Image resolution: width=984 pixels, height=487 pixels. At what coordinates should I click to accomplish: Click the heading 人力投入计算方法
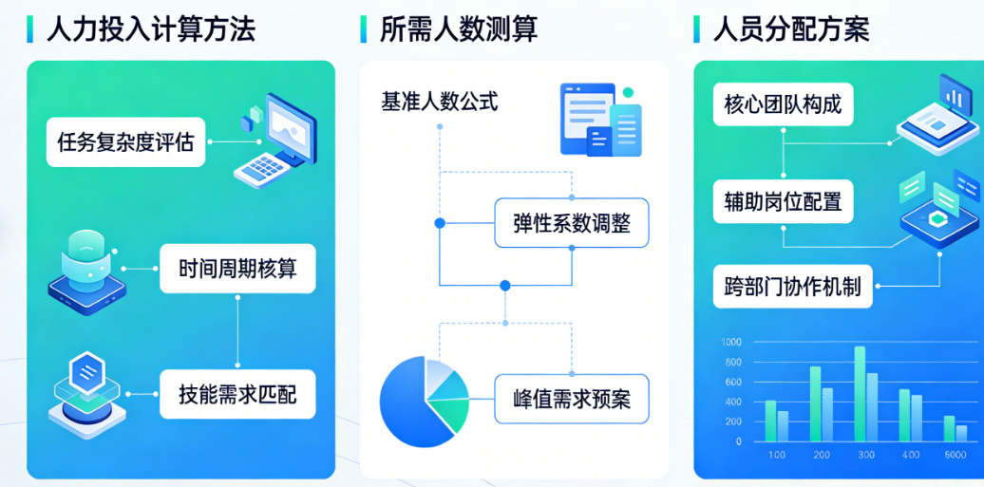(151, 28)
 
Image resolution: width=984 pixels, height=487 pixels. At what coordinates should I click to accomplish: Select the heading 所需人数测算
(459, 28)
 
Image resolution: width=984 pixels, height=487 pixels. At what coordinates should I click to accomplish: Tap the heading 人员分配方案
(791, 28)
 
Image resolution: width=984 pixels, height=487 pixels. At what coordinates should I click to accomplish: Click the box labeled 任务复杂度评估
(125, 142)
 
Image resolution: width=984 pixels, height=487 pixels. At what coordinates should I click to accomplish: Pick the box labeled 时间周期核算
(237, 269)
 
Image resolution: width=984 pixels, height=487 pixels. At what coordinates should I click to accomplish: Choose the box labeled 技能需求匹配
(237, 393)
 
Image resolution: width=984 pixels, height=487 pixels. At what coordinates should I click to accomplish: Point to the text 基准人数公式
(439, 101)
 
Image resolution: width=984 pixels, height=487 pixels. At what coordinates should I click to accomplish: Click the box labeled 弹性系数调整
(571, 224)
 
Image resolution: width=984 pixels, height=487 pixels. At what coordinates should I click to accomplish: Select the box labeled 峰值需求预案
(571, 398)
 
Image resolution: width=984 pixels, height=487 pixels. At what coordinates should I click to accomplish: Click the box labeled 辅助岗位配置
(783, 200)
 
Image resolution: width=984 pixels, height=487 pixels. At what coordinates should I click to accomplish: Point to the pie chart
(424, 400)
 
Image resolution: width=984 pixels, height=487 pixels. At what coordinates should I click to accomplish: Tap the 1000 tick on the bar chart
(731, 342)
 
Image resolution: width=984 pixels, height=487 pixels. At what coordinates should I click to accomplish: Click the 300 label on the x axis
(865, 455)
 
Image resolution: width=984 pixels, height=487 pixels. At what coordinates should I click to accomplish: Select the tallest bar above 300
(860, 393)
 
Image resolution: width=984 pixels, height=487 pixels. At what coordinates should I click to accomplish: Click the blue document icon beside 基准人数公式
(598, 120)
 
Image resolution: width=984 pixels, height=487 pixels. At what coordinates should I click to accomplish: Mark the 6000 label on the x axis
(955, 455)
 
